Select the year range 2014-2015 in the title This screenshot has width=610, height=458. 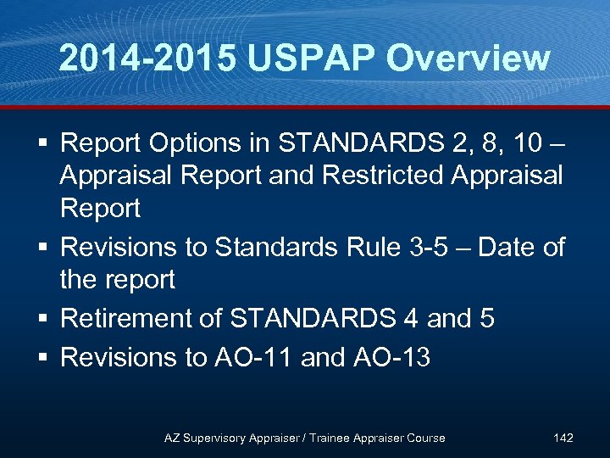click(x=149, y=59)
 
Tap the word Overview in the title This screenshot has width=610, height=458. click(x=469, y=59)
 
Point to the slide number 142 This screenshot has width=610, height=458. click(x=563, y=438)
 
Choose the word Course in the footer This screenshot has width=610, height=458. click(x=424, y=438)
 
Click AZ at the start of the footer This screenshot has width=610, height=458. click(x=172, y=438)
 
